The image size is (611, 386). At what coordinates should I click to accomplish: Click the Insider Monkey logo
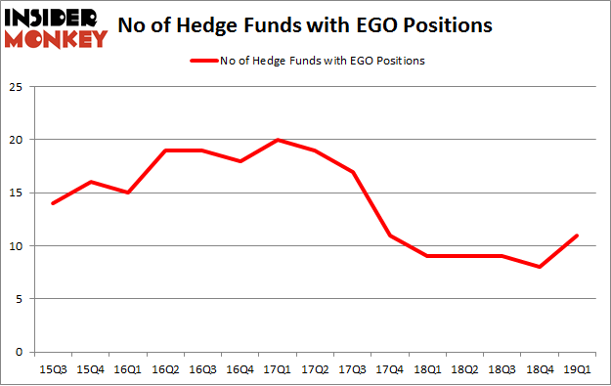tap(55, 26)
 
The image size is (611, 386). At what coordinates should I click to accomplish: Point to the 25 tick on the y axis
tap(15, 86)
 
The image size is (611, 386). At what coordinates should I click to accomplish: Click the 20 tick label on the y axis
tap(15, 139)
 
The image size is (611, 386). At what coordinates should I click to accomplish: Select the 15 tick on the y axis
tap(15, 193)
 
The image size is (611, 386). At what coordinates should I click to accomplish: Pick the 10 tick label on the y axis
tap(15, 245)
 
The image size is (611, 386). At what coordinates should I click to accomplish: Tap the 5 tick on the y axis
tap(18, 298)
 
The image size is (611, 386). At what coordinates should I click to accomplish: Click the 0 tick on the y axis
tap(18, 352)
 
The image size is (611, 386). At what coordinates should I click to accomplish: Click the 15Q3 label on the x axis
tap(53, 369)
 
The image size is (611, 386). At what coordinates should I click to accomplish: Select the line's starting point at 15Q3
tap(53, 203)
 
